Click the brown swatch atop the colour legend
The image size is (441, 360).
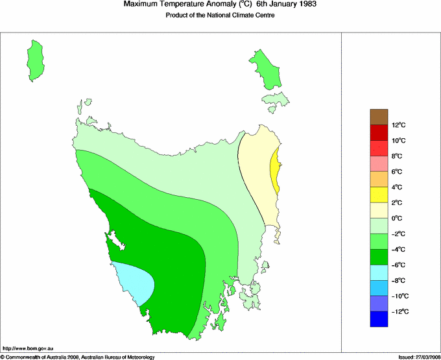click(379, 117)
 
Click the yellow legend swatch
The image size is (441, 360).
click(379, 195)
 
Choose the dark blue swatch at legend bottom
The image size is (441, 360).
click(379, 319)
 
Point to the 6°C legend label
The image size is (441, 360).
click(398, 171)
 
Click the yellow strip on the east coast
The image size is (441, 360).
click(276, 170)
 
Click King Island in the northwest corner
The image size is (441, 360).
click(38, 60)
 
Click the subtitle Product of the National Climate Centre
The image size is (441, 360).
click(220, 16)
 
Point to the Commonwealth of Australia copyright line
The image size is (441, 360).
click(78, 356)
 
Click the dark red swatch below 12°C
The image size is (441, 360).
click(379, 132)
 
